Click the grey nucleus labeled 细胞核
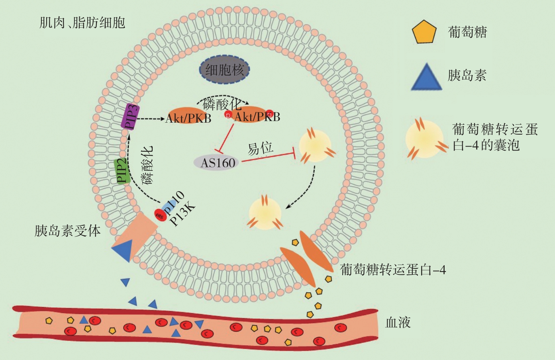coord(224,70)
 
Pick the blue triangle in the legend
coord(426,76)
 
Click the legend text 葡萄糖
coord(467,32)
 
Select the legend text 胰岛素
coord(467,75)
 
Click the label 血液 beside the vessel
coord(398,322)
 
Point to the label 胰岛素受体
coord(67,231)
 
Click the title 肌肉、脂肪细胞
coord(82,23)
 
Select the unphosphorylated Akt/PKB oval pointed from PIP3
coord(188,116)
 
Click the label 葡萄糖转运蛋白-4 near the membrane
coord(392,270)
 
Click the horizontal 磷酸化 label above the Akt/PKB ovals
coord(222,104)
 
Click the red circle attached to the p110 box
coord(160,215)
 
